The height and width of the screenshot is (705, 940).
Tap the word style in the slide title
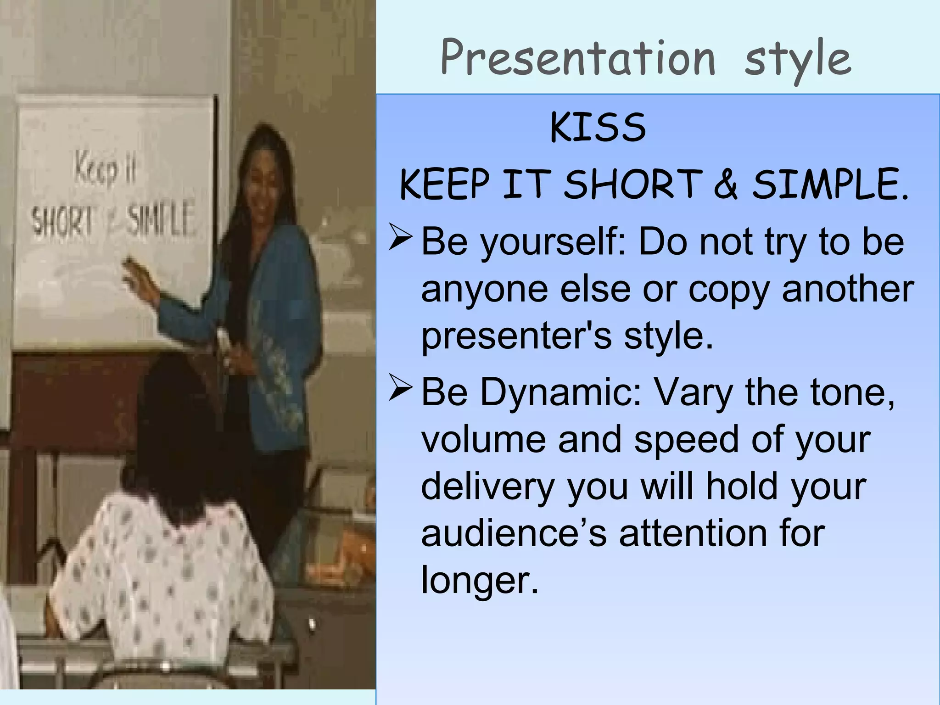(798, 61)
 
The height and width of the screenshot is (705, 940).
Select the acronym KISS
(598, 128)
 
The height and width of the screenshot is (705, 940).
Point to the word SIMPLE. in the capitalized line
(830, 185)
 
